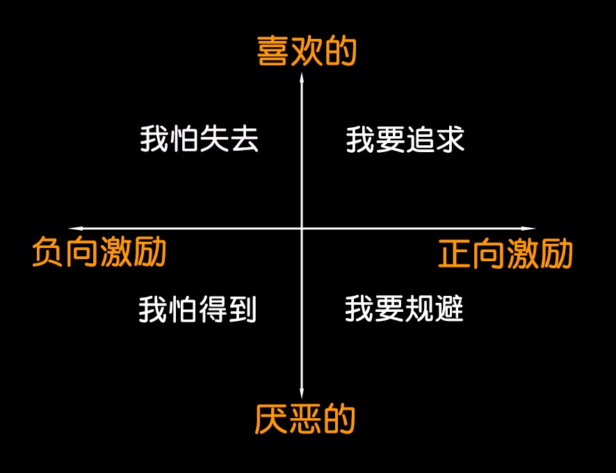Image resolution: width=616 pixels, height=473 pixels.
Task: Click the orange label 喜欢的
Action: click(x=307, y=51)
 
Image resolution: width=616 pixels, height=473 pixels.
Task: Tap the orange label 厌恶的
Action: click(x=305, y=420)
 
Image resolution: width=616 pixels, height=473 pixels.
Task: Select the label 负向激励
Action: click(x=99, y=251)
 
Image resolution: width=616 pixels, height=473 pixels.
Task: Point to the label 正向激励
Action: click(x=505, y=254)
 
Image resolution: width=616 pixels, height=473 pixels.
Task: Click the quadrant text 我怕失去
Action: click(x=199, y=138)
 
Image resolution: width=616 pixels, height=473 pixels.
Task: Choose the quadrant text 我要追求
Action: click(x=405, y=140)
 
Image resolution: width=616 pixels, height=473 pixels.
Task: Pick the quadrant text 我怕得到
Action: click(x=197, y=309)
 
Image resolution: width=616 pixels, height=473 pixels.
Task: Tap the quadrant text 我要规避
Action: click(x=404, y=308)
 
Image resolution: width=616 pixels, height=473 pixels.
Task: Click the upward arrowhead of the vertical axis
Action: click(x=302, y=77)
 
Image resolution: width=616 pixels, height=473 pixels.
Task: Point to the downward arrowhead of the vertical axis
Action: click(x=302, y=393)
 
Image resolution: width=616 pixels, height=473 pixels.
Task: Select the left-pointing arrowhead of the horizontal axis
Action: click(x=75, y=228)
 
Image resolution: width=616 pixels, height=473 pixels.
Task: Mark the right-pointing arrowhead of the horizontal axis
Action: click(x=529, y=228)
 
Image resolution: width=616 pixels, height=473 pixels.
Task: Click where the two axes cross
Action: click(x=302, y=228)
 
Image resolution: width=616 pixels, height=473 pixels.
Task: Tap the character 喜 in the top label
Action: click(x=273, y=51)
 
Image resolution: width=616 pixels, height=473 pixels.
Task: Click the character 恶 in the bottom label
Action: click(x=305, y=420)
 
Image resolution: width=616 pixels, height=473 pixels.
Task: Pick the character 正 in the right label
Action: click(x=454, y=254)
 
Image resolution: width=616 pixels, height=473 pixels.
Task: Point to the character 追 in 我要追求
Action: click(x=419, y=140)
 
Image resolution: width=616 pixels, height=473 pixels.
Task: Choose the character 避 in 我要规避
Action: click(x=449, y=308)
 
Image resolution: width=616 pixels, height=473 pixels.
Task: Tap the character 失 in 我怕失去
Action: click(x=214, y=138)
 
